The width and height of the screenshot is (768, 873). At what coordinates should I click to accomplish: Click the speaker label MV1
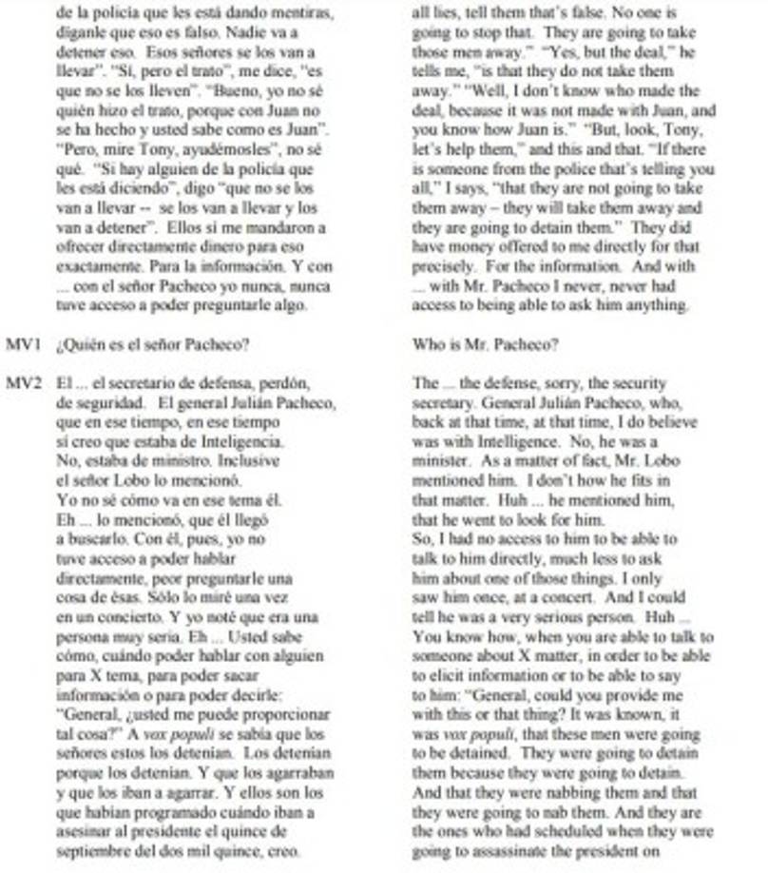22,343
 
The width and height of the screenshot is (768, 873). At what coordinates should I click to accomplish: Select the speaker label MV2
22,383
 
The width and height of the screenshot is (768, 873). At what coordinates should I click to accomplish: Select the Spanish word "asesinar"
87,831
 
